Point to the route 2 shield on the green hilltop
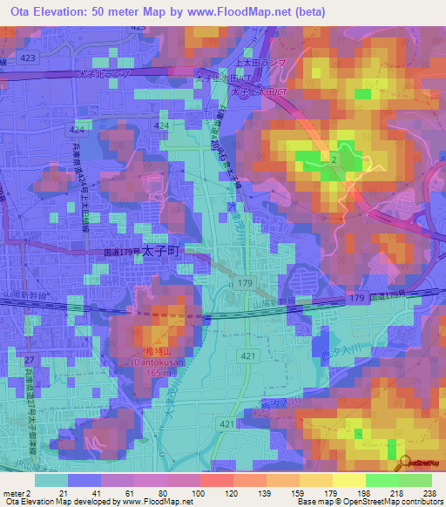pyautogui.click(x=334, y=160)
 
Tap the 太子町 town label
pyautogui.click(x=159, y=249)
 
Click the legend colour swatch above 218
pyautogui.click(x=382, y=480)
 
